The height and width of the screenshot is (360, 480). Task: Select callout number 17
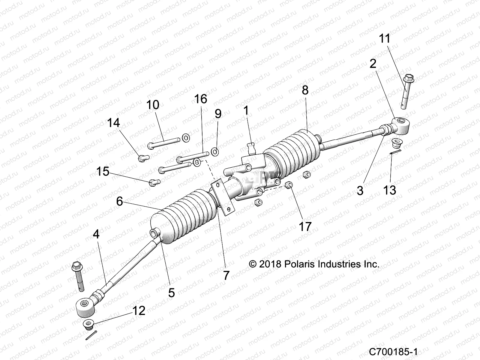point(305,226)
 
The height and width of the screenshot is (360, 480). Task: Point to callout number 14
point(113,123)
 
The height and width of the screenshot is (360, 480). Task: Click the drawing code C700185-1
point(393,351)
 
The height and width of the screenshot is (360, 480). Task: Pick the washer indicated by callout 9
point(215,152)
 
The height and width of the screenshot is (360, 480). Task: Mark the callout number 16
point(200,99)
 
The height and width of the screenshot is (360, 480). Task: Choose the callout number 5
point(171,292)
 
